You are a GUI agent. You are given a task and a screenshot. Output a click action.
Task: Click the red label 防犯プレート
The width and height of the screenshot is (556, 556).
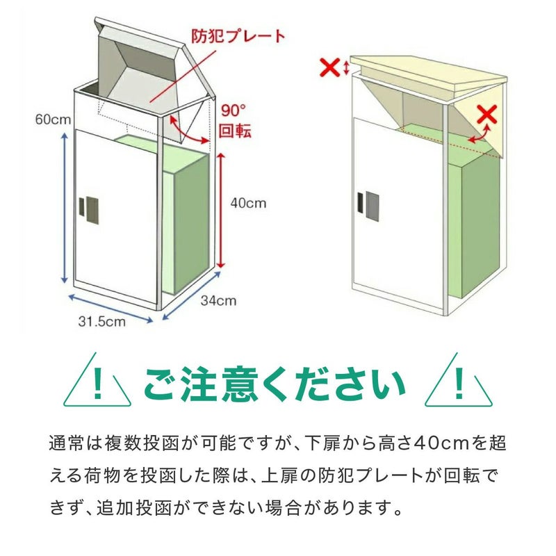click(238, 36)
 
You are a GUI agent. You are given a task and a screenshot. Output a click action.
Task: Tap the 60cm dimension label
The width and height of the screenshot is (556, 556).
click(54, 120)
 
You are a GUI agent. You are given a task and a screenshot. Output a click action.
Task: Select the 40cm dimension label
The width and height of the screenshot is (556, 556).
click(248, 203)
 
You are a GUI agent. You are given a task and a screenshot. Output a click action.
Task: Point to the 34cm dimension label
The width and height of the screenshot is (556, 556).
click(218, 301)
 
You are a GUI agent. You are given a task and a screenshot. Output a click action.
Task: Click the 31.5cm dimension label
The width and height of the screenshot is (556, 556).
click(102, 322)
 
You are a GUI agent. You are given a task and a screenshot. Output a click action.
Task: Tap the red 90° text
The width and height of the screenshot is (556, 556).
click(234, 111)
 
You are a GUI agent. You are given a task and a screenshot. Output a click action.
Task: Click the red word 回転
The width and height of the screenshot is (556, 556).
click(235, 131)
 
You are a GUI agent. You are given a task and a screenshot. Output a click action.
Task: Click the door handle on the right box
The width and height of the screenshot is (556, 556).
click(368, 206)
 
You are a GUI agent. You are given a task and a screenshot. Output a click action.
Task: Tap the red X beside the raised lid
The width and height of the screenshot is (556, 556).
click(329, 67)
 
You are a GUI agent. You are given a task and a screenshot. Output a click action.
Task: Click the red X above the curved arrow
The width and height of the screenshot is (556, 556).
click(487, 114)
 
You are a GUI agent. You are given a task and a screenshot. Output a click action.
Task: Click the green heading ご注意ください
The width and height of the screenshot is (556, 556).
click(275, 385)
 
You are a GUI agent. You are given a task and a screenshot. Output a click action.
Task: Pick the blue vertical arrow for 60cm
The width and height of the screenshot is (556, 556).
click(65, 208)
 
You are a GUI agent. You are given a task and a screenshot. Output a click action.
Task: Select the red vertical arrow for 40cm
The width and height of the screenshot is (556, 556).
click(221, 211)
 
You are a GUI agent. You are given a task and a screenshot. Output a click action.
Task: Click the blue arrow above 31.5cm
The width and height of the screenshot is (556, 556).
click(111, 309)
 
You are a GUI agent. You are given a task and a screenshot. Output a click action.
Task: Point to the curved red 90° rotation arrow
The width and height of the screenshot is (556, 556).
click(185, 133)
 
